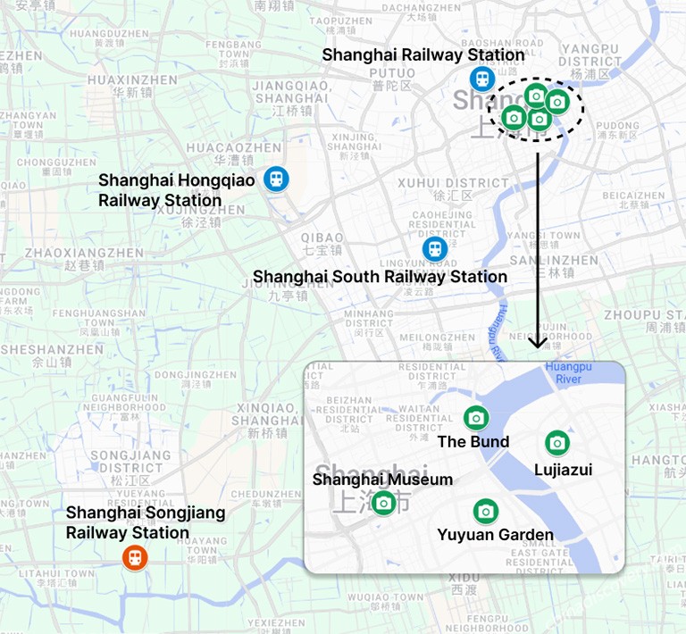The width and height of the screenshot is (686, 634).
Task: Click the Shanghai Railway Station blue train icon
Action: tap(482, 79)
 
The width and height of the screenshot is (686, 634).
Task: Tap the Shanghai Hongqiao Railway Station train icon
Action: tap(276, 178)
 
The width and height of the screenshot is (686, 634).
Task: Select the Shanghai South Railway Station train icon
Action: tap(435, 248)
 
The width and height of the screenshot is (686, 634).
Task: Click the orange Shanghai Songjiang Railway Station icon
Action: tap(134, 558)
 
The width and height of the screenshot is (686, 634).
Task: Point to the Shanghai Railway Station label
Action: tap(423, 54)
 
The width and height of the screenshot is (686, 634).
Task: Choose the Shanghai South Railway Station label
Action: tap(380, 277)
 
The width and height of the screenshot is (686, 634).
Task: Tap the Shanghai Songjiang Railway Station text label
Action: tap(146, 523)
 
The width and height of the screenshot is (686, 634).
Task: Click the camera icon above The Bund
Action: tap(476, 417)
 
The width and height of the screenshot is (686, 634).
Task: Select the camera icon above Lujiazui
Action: tap(557, 442)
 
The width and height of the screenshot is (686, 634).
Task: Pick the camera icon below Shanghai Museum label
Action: tap(383, 503)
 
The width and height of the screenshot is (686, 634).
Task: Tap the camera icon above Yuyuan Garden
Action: tap(485, 511)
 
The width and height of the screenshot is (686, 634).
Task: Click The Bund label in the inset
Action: tap(473, 442)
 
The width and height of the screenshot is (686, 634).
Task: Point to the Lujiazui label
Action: tap(563, 470)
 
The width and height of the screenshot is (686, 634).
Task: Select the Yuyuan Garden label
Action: tap(495, 536)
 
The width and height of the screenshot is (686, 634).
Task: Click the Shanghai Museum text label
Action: tap(382, 480)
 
